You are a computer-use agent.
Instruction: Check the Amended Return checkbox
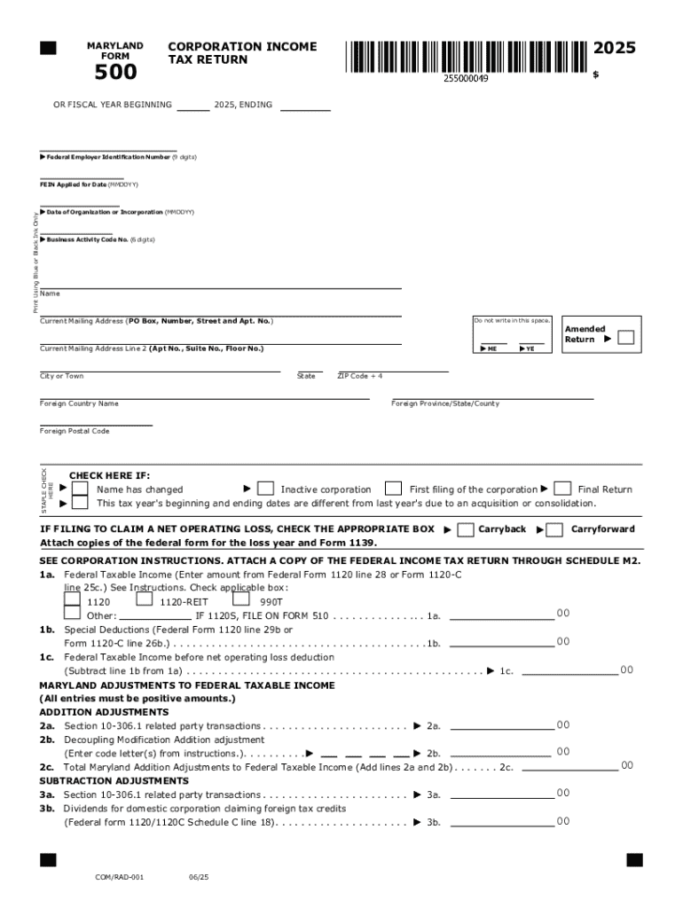[x=625, y=338]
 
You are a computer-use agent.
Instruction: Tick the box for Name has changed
[x=80, y=489]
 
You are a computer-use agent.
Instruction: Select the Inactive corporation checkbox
[x=265, y=489]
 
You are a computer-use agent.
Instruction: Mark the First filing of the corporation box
[x=393, y=489]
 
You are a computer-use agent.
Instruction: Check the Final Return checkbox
[x=561, y=489]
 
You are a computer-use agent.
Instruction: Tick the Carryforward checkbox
[x=554, y=530]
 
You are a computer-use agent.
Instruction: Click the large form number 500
[x=115, y=73]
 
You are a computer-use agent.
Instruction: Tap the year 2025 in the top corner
[x=615, y=48]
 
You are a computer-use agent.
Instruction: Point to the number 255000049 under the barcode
[x=466, y=79]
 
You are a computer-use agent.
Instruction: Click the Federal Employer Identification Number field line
[x=108, y=149]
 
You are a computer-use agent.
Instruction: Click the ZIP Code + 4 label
[x=360, y=376]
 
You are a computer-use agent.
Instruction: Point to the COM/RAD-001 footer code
[x=120, y=877]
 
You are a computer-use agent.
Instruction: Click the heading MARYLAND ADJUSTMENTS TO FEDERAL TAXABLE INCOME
[x=187, y=685]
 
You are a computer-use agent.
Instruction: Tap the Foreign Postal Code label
[x=75, y=431]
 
